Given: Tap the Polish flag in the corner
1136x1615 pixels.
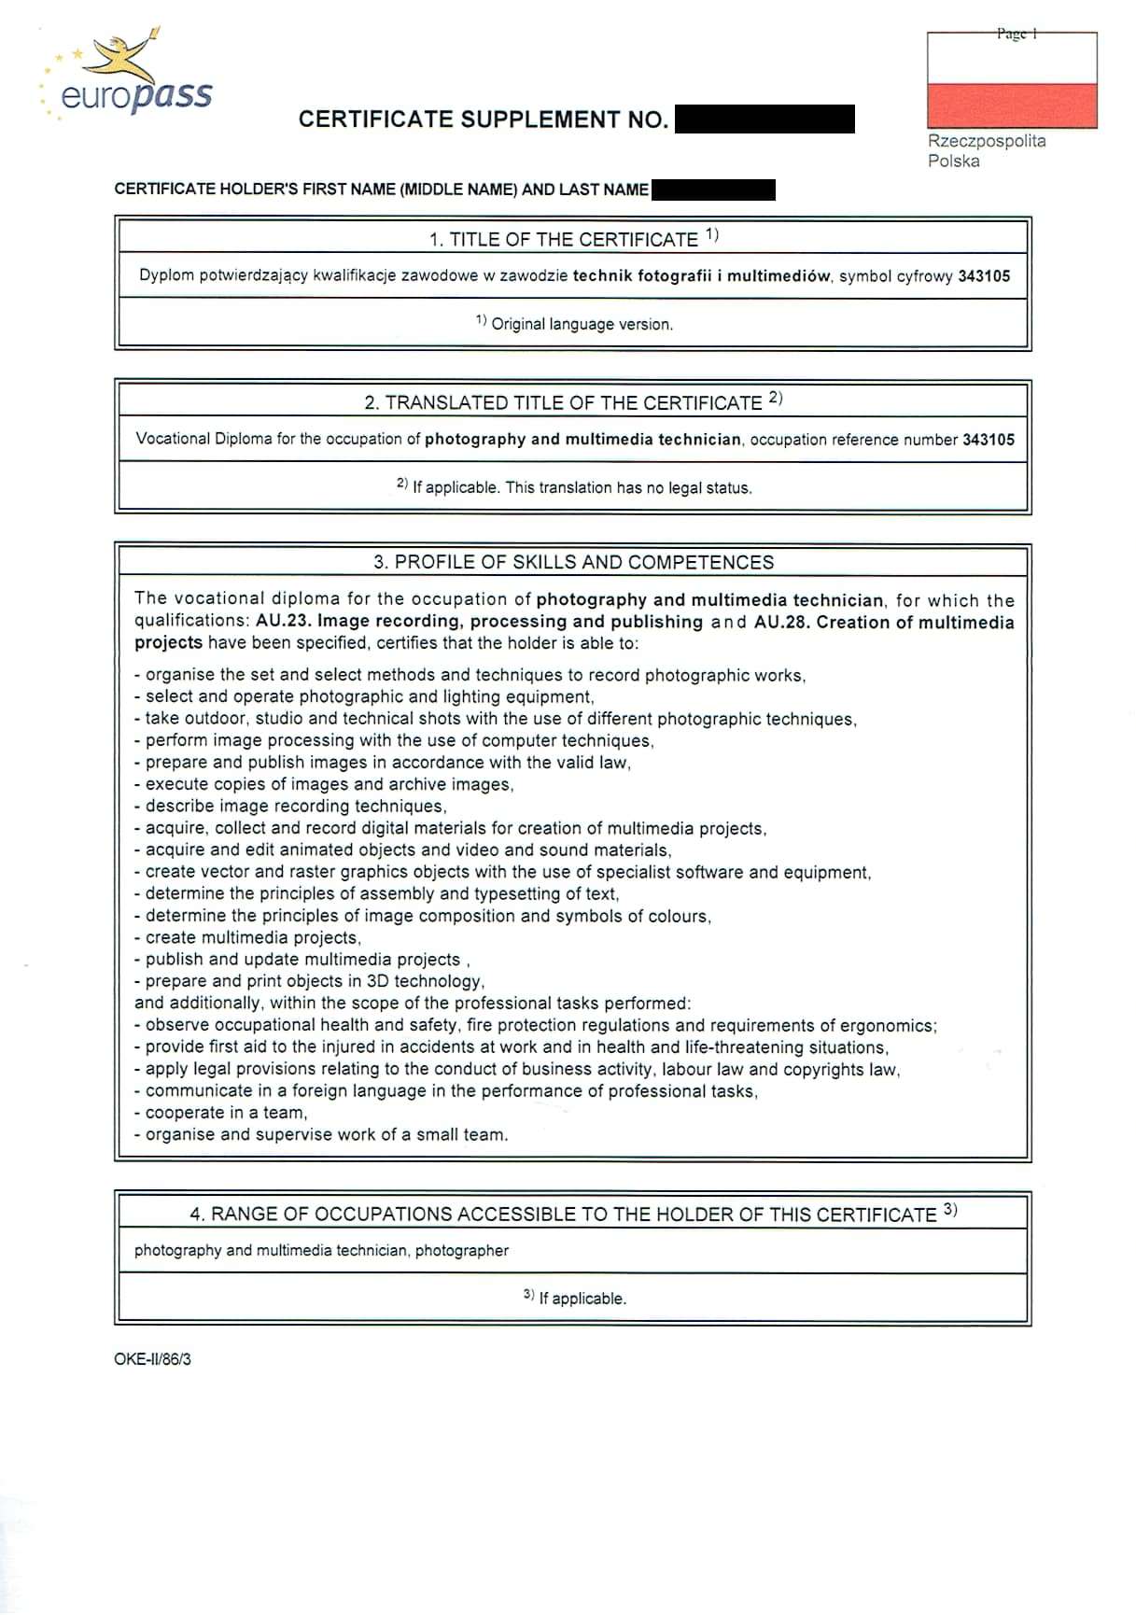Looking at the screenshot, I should point(1012,81).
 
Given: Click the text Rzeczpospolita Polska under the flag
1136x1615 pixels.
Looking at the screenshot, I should point(986,150).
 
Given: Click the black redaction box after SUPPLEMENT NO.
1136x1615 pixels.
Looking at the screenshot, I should point(764,119).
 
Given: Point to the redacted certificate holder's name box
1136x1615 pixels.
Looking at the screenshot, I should point(713,190).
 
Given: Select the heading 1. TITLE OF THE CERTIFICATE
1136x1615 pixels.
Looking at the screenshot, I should point(572,239).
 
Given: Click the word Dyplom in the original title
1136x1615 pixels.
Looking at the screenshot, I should point(166,275).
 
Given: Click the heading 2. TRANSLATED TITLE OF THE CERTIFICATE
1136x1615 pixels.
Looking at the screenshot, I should point(572,402).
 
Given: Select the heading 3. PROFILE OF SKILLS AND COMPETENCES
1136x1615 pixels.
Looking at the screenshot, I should point(573,562).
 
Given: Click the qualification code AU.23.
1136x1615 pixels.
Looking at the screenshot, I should point(282,622).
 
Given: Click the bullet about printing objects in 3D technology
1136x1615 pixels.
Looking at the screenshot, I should point(314,981).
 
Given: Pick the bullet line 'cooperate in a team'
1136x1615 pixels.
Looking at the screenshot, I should point(225,1113).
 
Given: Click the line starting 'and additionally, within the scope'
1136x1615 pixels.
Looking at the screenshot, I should point(412,1004).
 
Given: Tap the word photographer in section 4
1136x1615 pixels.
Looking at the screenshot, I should point(462,1250).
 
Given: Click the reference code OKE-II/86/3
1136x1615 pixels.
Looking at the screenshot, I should point(152,1359).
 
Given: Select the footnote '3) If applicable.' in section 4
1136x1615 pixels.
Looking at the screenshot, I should point(574,1298).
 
